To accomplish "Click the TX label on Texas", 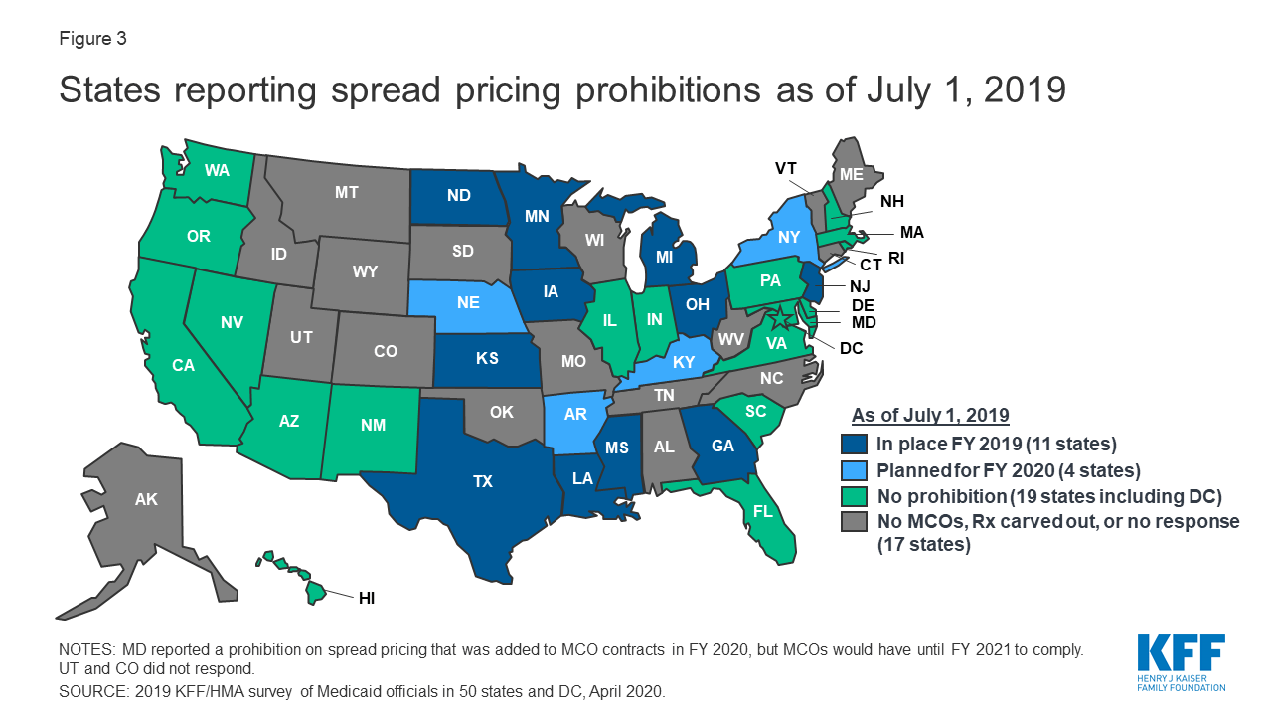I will [x=482, y=481].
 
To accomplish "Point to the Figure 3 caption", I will [x=92, y=40].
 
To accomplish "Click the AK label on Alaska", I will [x=145, y=500].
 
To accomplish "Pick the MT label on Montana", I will [x=346, y=193].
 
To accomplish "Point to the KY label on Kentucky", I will [x=683, y=363].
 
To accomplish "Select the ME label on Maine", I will [x=851, y=174].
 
